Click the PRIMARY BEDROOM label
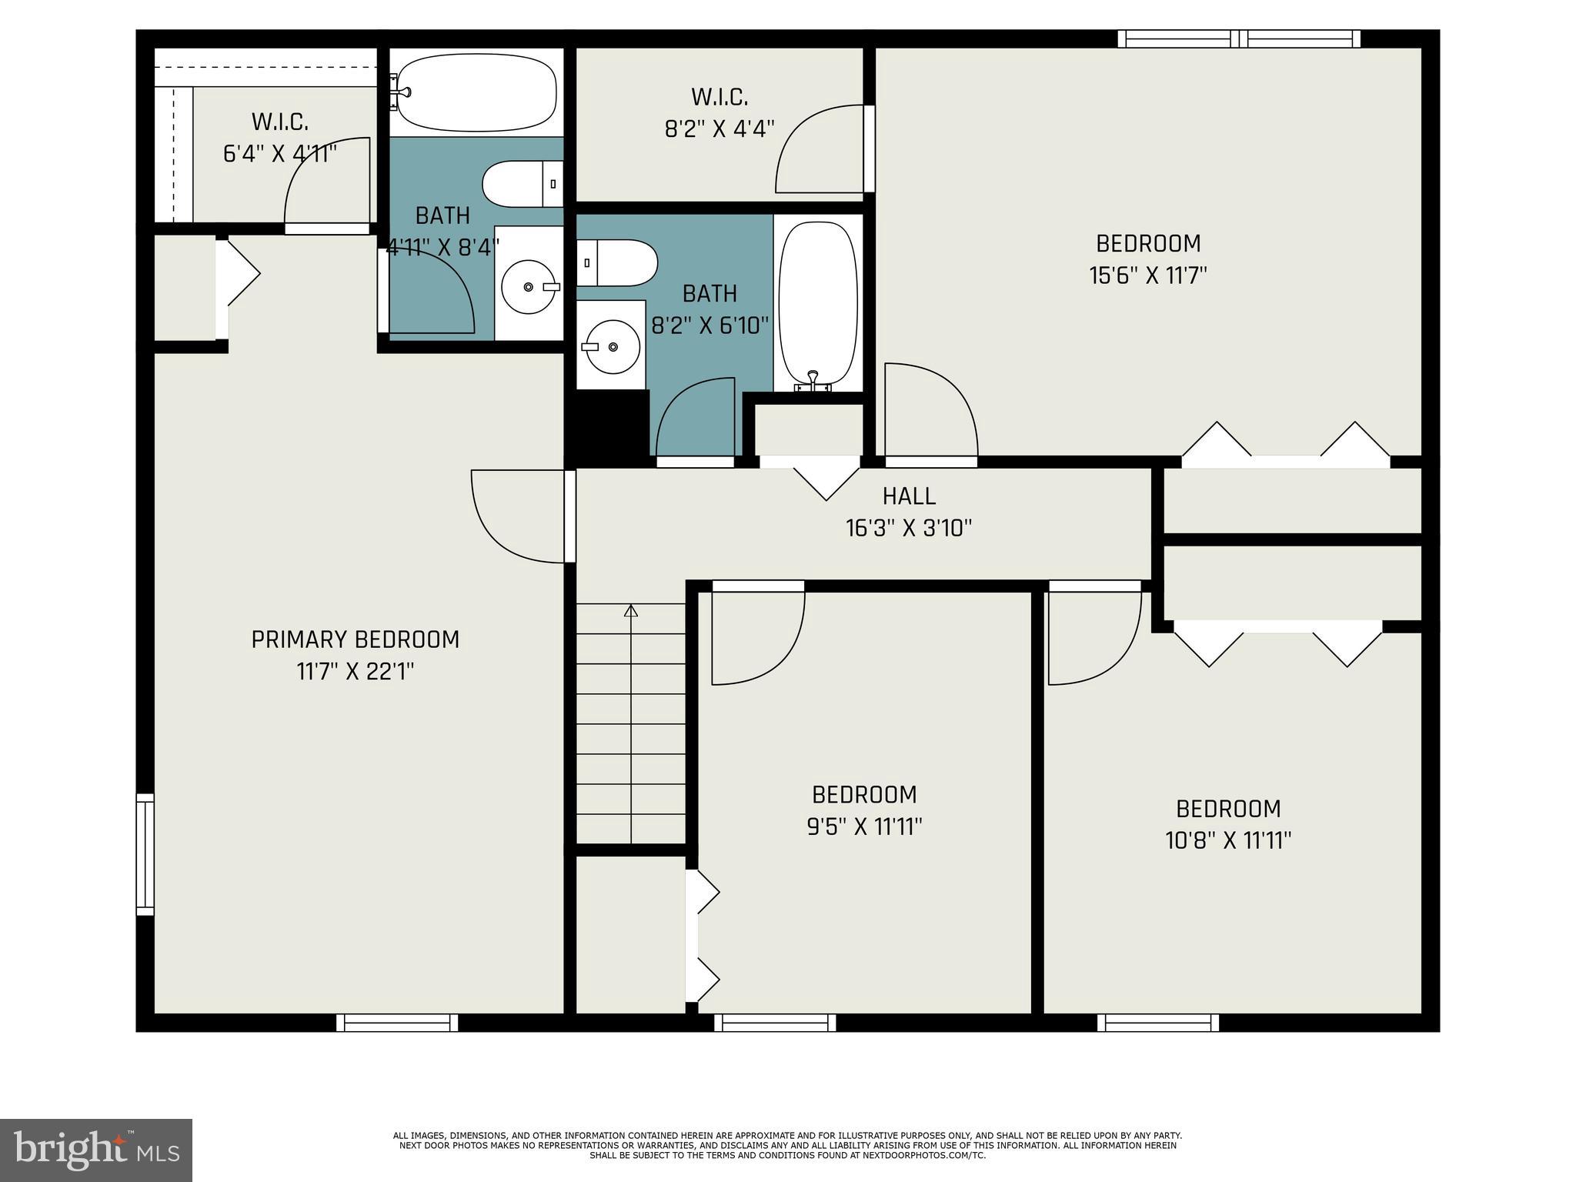click(x=355, y=639)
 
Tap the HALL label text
click(x=909, y=496)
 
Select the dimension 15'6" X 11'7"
click(x=1147, y=275)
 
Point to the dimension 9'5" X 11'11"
click(x=864, y=826)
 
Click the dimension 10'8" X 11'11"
click(x=1227, y=840)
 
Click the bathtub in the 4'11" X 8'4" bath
click(x=476, y=93)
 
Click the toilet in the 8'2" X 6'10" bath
click(x=617, y=263)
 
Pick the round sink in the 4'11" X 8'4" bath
click(x=529, y=287)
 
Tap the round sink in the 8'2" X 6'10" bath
click(x=613, y=347)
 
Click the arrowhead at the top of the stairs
click(x=631, y=611)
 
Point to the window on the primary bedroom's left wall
click(x=145, y=854)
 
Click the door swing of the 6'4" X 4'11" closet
click(x=327, y=185)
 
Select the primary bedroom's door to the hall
click(x=519, y=516)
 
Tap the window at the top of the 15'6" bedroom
click(x=1238, y=38)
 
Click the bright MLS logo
click(x=96, y=1150)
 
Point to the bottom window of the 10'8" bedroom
click(x=1157, y=1023)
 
